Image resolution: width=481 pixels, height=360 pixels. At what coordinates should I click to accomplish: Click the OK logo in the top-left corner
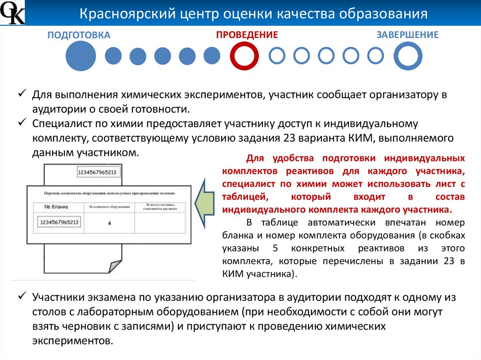(x=12, y=13)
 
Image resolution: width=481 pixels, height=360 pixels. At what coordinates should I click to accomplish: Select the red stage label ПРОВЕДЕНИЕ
(x=247, y=35)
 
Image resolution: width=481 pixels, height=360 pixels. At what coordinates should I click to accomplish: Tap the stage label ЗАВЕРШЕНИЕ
(x=407, y=35)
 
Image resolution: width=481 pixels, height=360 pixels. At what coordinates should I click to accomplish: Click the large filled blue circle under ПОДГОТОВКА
(x=80, y=56)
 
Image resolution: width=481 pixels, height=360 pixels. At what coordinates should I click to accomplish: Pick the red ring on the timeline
(x=244, y=56)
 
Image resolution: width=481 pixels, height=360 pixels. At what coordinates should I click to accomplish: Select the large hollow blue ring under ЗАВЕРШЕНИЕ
(x=408, y=56)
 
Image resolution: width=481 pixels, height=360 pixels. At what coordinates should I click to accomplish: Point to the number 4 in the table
(x=109, y=223)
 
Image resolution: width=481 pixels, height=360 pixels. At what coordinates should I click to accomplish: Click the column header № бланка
(x=56, y=207)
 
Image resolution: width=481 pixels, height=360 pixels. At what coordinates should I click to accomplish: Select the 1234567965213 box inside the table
(x=59, y=222)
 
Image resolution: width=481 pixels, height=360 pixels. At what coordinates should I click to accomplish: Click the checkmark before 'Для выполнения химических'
(x=22, y=94)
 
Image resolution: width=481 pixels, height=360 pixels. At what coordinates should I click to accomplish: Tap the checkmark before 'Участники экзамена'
(x=22, y=297)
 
